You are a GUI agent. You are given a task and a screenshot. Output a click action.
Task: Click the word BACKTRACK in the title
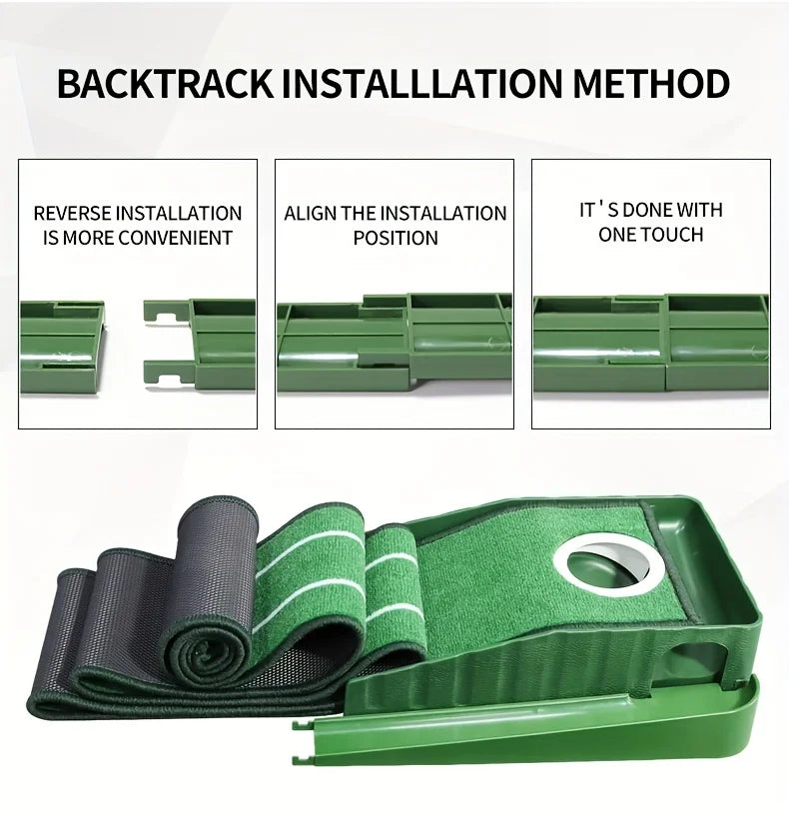(x=165, y=84)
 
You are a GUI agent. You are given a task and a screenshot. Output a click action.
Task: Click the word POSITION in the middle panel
(x=395, y=239)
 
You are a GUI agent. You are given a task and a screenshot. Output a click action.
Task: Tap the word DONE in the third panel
(x=645, y=210)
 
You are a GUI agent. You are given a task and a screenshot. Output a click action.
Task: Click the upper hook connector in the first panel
(x=166, y=314)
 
